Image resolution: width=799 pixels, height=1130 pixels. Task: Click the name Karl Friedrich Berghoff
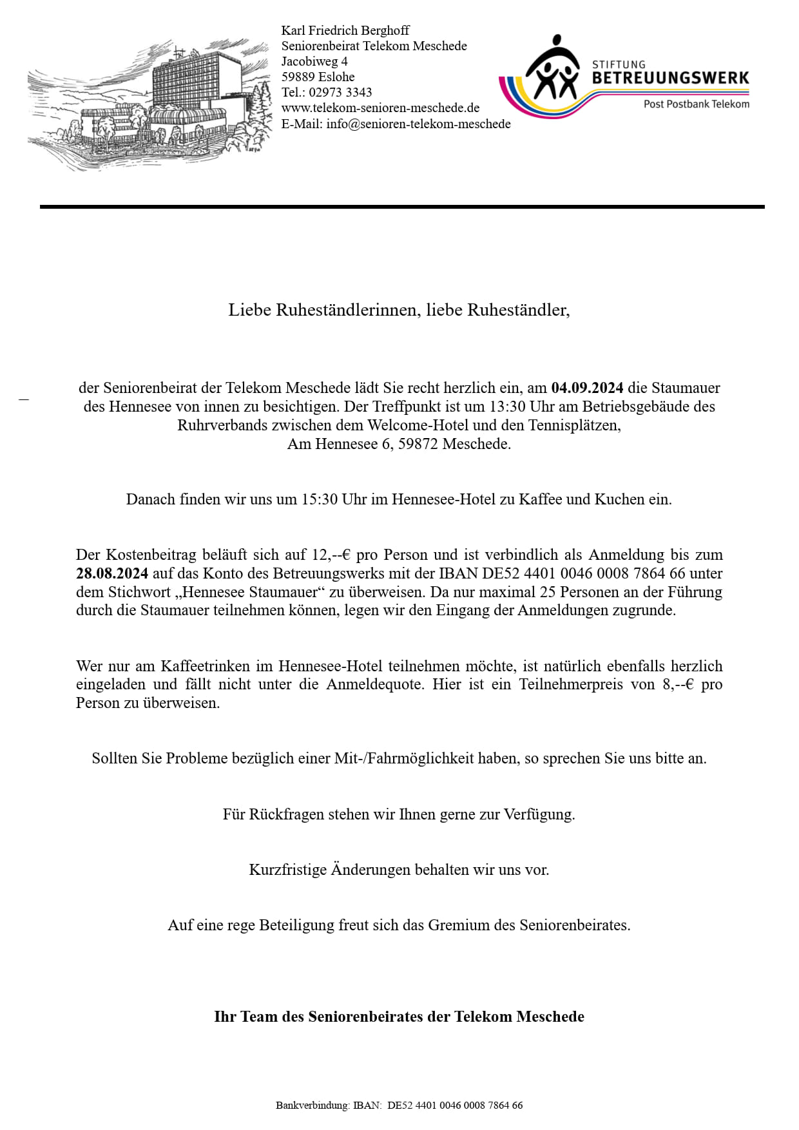click(x=345, y=30)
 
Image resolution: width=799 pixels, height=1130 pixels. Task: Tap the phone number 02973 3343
click(x=340, y=92)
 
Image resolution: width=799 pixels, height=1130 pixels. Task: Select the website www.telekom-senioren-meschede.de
click(x=380, y=108)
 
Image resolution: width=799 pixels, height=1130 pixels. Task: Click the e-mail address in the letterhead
click(x=418, y=124)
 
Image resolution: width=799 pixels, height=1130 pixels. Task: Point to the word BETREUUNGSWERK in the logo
click(x=670, y=78)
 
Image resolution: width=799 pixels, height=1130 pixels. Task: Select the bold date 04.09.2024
click(x=587, y=388)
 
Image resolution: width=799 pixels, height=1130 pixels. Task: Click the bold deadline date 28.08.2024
click(x=112, y=573)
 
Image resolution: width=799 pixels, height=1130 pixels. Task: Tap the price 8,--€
click(x=678, y=684)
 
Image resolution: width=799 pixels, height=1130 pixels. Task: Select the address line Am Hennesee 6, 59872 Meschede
click(x=399, y=444)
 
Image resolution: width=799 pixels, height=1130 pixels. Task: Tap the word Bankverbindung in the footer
click(x=313, y=1106)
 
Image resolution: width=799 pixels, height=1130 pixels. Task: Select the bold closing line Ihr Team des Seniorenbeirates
click(x=399, y=1017)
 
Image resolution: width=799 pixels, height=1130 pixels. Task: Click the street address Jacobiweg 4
click(x=314, y=61)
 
